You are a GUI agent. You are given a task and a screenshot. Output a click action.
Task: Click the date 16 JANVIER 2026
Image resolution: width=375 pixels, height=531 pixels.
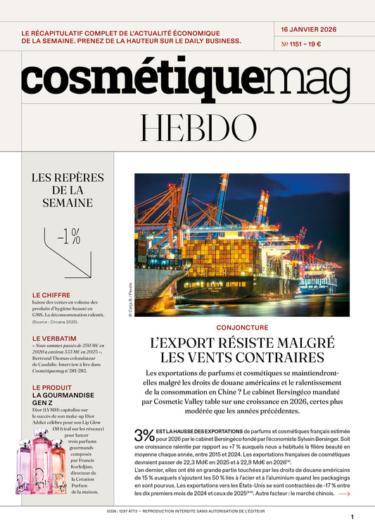309,30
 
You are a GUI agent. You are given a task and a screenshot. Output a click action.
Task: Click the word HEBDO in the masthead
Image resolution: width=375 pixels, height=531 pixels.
187,127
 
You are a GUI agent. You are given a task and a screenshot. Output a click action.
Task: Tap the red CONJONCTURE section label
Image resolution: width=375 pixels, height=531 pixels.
241,327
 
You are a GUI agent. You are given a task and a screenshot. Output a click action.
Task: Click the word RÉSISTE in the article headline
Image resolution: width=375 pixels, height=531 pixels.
246,343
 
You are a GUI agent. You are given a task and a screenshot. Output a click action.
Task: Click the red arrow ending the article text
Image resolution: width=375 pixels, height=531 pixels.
343,494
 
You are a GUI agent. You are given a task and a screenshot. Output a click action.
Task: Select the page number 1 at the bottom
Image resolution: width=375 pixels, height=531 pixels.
352,517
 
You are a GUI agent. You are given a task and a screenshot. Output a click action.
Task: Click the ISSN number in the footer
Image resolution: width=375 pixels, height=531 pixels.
134,512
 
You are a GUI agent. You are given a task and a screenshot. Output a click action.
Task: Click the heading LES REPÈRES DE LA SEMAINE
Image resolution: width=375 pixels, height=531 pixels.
68,190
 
